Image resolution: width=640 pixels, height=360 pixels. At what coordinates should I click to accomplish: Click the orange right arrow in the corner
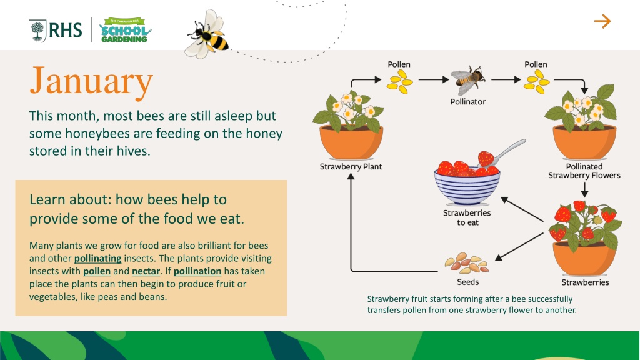[x=602, y=21]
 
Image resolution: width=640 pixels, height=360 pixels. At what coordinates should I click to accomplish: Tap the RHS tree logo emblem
[x=37, y=31]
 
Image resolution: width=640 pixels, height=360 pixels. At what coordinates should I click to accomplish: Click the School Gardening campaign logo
[x=125, y=30]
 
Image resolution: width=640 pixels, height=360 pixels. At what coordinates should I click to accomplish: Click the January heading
[x=91, y=81]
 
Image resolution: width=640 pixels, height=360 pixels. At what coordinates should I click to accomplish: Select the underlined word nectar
[x=146, y=271]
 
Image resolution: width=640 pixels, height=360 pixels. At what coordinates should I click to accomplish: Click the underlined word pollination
[x=197, y=271]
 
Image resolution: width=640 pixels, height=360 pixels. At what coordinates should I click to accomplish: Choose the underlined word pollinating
[x=98, y=258]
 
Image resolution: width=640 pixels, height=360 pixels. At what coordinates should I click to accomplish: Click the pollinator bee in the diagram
[x=467, y=80]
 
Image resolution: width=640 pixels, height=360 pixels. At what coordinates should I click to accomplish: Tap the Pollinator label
[x=467, y=102]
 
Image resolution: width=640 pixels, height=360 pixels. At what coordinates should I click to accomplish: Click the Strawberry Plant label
[x=351, y=166]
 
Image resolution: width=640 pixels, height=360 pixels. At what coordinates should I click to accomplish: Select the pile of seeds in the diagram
[x=467, y=263]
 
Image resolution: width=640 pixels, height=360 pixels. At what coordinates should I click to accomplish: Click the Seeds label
[x=467, y=282]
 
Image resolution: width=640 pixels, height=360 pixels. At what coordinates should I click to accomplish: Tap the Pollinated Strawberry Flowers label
[x=584, y=171]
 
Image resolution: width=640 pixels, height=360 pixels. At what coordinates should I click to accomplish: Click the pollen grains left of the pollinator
[x=400, y=82]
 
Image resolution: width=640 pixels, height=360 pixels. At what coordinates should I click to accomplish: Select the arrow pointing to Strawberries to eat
[x=522, y=209]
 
